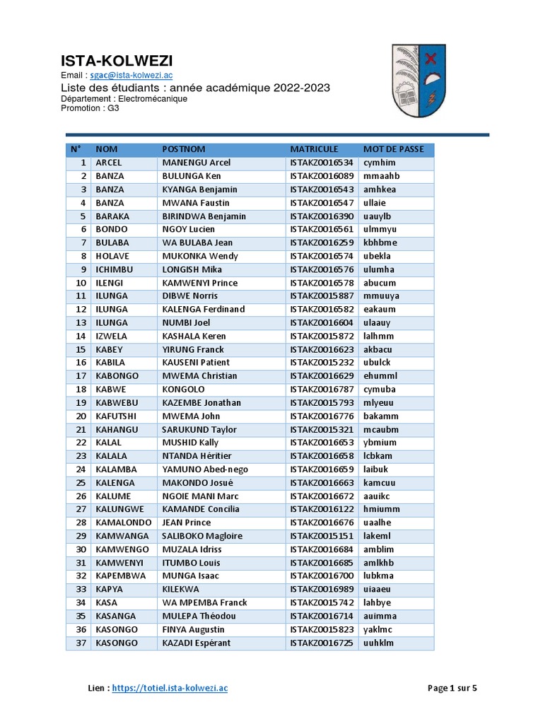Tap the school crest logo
(x=419, y=80)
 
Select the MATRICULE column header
(x=314, y=149)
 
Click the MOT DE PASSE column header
(x=393, y=149)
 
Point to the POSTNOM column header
(x=184, y=149)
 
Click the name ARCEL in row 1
(x=108, y=163)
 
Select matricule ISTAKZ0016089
(x=322, y=176)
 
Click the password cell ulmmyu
(x=380, y=229)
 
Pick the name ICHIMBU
(x=114, y=269)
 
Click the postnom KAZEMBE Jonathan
(x=202, y=402)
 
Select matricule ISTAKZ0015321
(x=322, y=429)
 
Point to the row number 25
(x=80, y=482)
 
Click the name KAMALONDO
(x=124, y=522)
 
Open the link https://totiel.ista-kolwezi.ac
(x=170, y=687)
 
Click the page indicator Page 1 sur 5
(x=452, y=687)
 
